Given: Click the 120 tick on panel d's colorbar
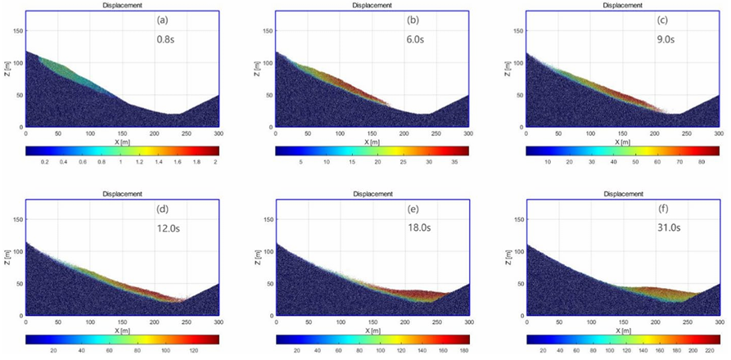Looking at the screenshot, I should (193, 350).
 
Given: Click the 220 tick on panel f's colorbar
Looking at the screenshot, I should (707, 350).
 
